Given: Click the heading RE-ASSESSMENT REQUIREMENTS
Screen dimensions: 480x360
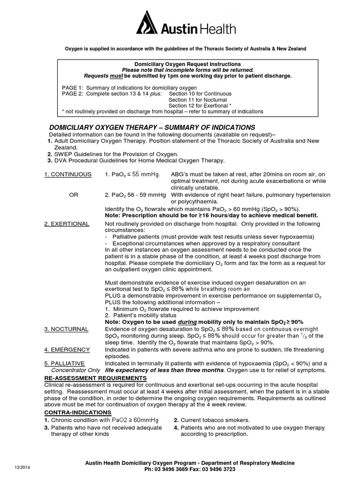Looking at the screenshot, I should pos(95,378).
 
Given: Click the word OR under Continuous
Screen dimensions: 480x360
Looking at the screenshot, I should pos(74,195).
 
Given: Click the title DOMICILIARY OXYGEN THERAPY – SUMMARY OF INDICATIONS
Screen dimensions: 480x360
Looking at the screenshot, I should pos(152,127).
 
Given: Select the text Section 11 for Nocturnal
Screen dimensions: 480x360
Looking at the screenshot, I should pos(197,100).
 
